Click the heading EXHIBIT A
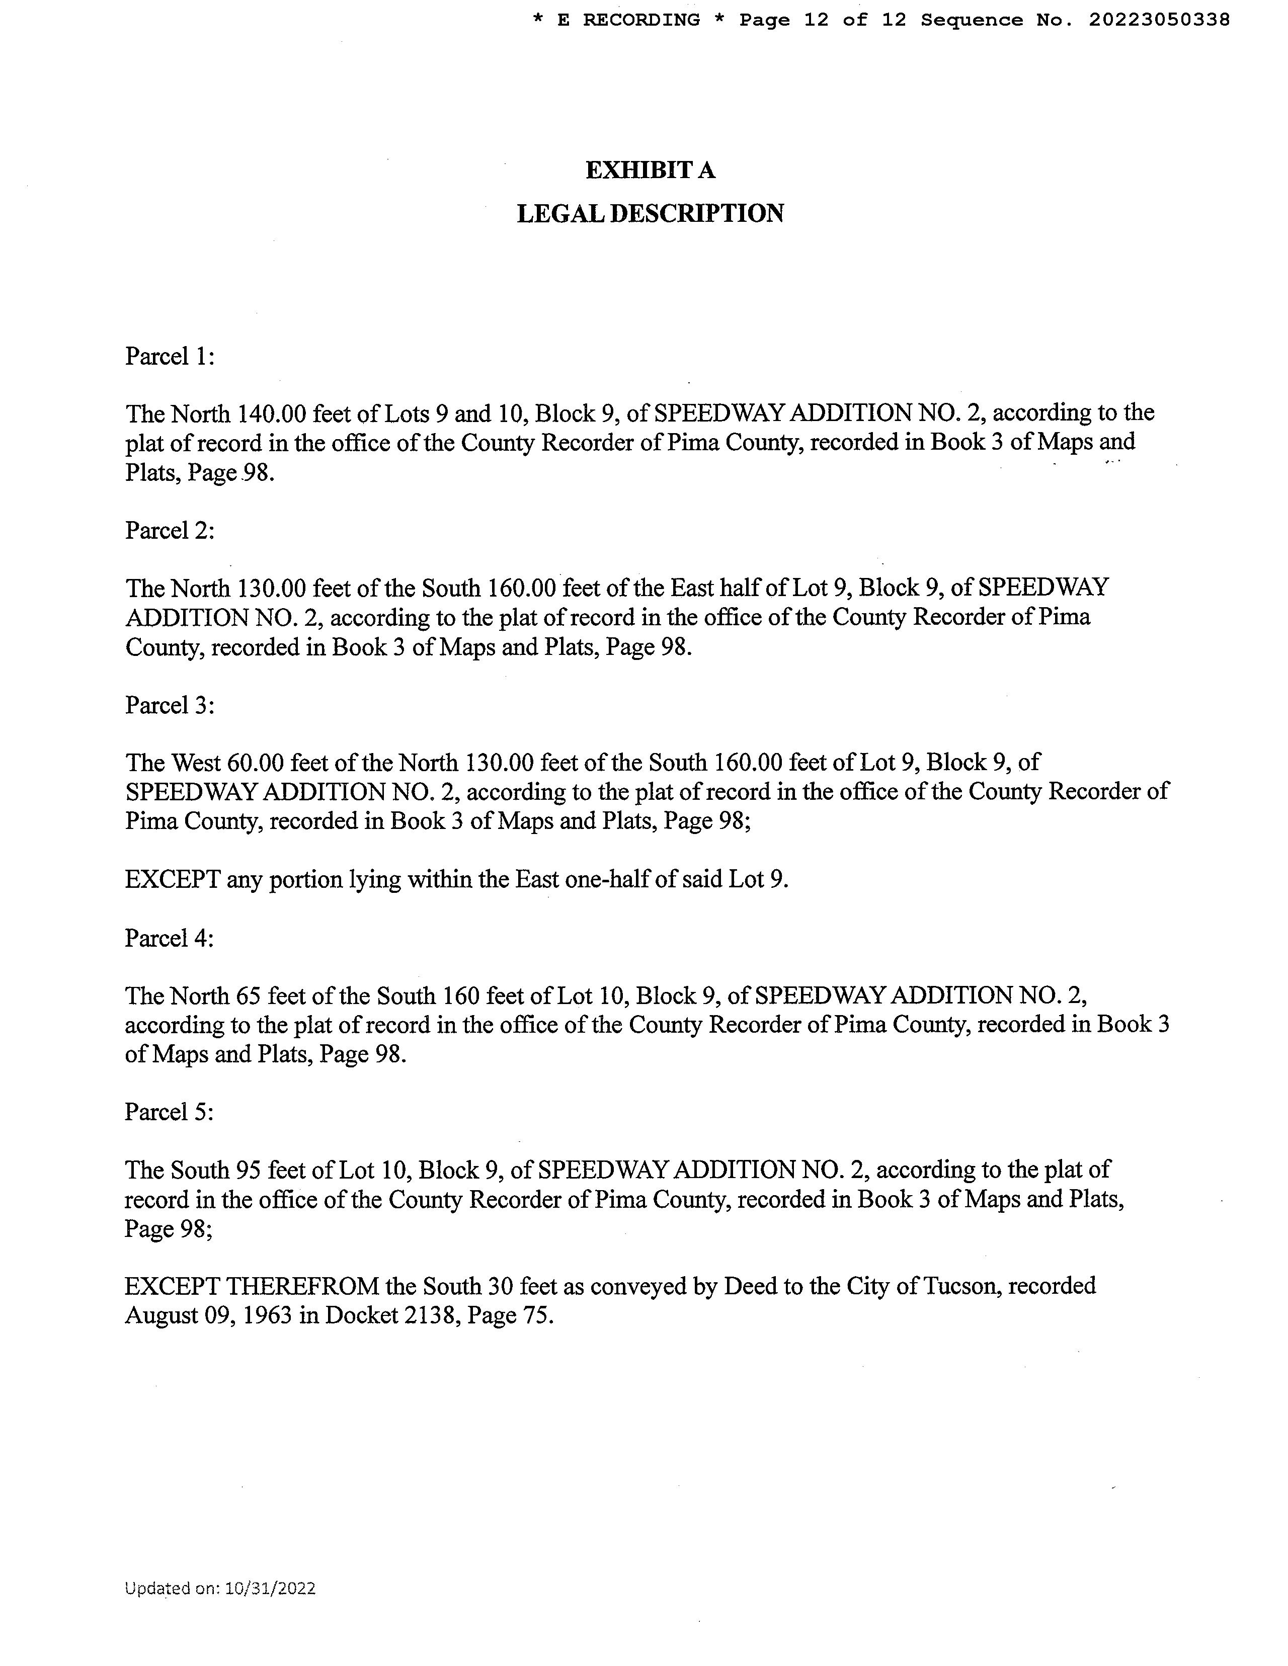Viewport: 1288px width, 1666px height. click(650, 170)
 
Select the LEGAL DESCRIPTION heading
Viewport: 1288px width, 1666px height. click(650, 214)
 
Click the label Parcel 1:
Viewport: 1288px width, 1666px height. click(170, 356)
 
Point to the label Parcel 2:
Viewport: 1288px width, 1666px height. click(170, 530)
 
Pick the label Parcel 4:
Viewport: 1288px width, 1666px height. click(170, 938)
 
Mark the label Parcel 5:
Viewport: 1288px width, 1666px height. click(170, 1112)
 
